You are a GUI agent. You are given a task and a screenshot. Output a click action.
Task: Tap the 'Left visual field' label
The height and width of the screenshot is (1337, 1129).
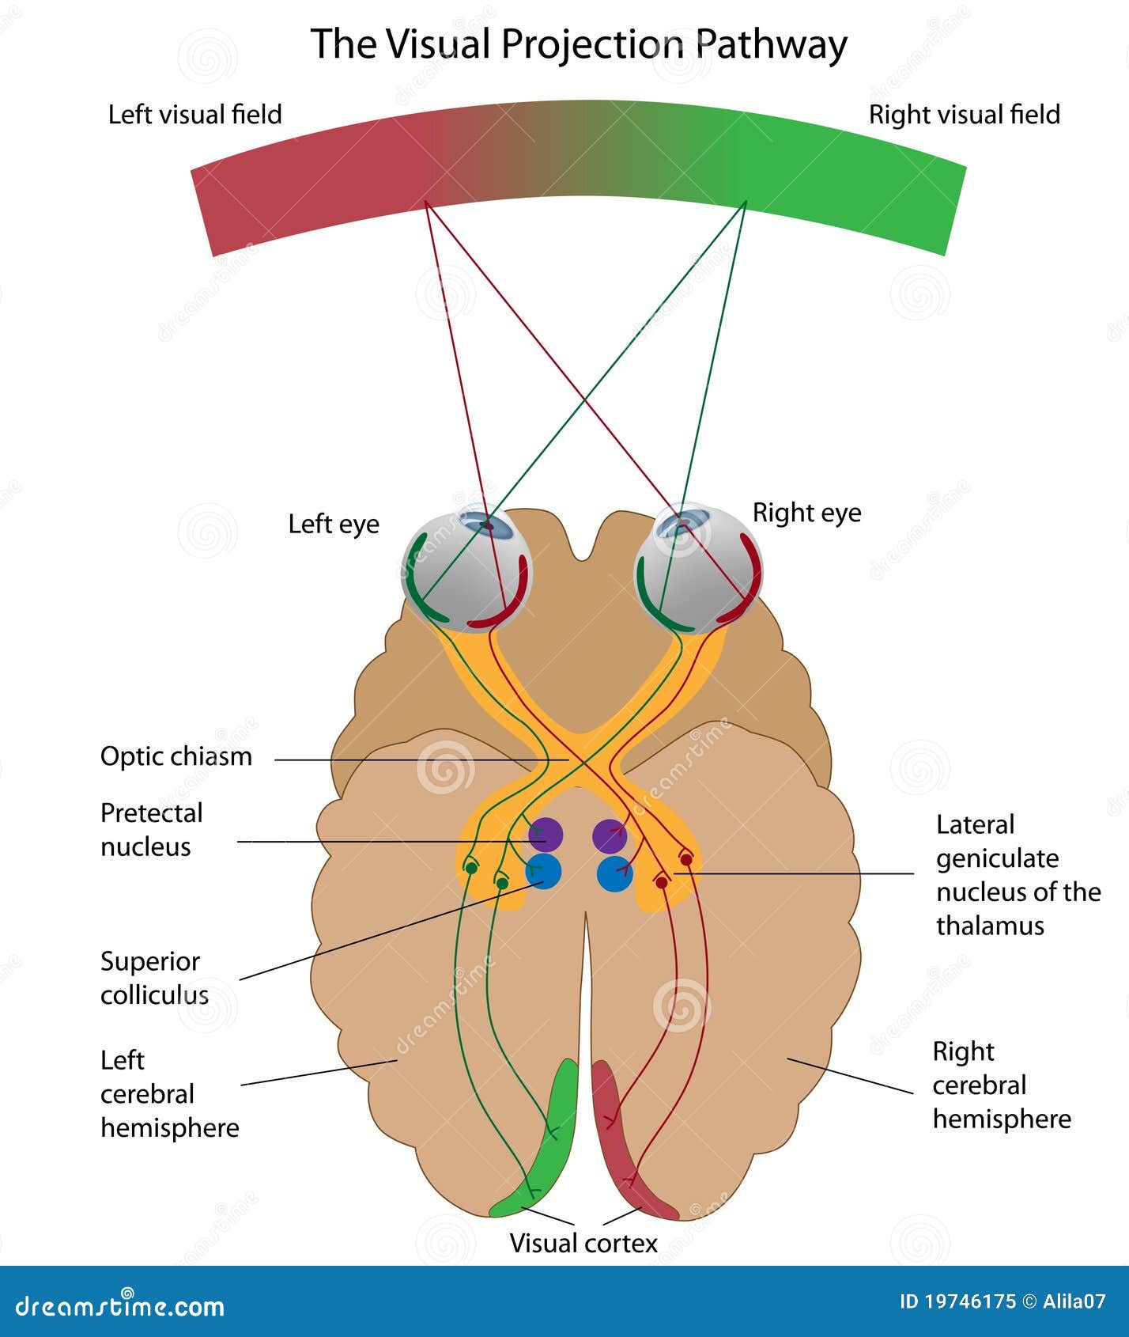194,115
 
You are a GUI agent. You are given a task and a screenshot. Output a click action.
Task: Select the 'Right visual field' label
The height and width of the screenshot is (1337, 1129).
964,115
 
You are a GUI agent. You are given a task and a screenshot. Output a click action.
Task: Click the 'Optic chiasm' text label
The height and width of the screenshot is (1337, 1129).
176,756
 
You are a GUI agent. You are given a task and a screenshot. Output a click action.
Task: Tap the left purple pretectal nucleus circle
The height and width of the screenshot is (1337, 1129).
546,834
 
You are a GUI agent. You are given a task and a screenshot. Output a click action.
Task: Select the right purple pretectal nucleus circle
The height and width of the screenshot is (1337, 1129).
610,835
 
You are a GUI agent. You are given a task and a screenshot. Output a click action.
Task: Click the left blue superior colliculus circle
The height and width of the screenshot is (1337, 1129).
544,872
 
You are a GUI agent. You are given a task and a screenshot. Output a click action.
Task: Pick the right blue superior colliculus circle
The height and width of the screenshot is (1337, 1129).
614,874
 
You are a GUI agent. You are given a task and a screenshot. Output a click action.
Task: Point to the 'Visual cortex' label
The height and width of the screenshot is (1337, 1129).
583,1243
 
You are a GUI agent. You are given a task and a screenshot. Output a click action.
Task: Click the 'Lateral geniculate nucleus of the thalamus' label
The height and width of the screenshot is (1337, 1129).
1018,875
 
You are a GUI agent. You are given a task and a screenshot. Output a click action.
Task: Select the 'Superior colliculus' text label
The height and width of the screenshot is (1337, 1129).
154,978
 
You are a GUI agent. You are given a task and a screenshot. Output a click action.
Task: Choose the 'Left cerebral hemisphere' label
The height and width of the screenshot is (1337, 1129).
168,1093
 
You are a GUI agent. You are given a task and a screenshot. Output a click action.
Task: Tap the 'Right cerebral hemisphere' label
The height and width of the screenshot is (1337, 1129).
1001,1085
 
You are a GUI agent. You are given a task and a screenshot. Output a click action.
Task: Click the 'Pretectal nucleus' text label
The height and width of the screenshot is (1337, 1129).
151,829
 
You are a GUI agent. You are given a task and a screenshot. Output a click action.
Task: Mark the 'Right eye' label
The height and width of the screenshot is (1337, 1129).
806,513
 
